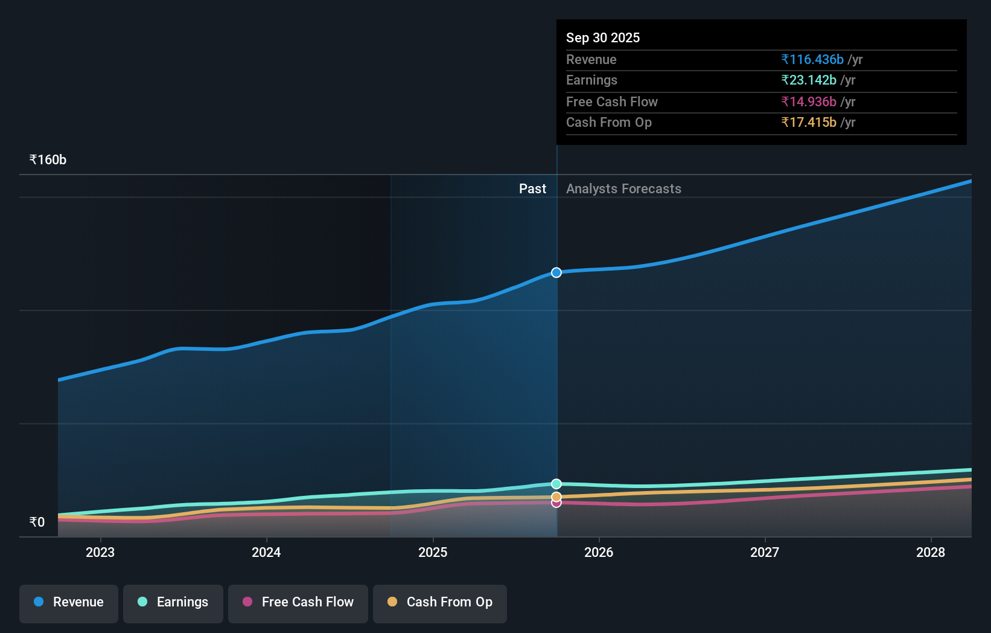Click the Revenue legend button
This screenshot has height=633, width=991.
click(69, 603)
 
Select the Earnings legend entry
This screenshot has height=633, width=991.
click(173, 603)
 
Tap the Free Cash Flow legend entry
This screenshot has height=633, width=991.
click(298, 603)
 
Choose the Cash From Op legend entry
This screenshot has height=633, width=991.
click(440, 603)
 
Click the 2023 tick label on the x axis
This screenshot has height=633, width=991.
click(100, 553)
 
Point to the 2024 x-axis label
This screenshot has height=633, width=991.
click(266, 553)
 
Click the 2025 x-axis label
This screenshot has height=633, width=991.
click(433, 553)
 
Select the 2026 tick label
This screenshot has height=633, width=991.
click(599, 553)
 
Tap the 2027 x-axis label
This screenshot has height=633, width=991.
click(765, 553)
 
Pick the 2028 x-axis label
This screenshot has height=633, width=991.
click(931, 553)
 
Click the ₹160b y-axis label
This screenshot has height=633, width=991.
click(48, 160)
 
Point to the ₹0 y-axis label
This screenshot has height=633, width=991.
click(37, 522)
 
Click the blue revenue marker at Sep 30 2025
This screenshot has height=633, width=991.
click(556, 272)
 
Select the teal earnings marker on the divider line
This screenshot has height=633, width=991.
click(556, 484)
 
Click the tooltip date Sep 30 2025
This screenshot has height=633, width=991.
click(603, 38)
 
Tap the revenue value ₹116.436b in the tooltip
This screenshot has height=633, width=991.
click(812, 60)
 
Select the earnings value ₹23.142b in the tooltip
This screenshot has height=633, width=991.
click(809, 80)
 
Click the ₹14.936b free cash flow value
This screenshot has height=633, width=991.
click(809, 102)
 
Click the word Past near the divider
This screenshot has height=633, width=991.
click(532, 189)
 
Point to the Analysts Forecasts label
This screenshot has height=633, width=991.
click(623, 189)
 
